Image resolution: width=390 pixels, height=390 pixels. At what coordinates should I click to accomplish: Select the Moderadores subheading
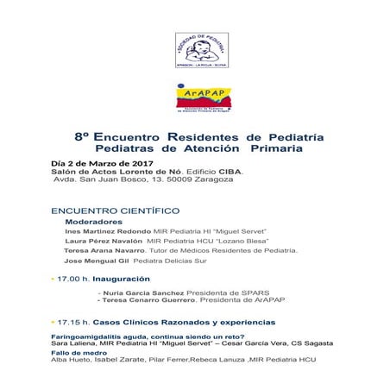click(93, 222)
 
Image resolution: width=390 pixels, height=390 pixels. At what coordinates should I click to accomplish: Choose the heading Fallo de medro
click(79, 351)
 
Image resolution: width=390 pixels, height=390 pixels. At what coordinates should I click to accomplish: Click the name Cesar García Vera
click(276, 343)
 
